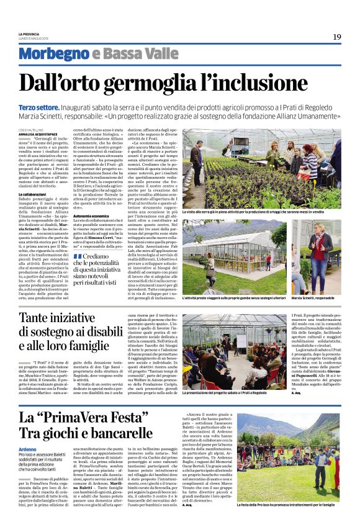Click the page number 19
337,37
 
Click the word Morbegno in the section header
54,53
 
